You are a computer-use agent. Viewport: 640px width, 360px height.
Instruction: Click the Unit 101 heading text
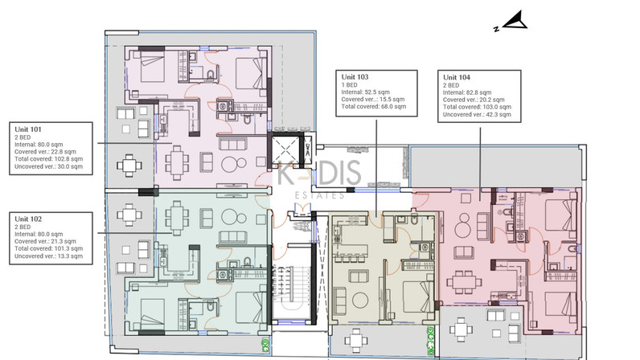pyautogui.click(x=28, y=129)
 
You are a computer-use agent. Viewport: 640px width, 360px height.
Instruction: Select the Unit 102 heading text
pyautogui.click(x=28, y=219)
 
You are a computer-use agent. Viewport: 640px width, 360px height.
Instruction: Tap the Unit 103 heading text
pyautogui.click(x=355, y=76)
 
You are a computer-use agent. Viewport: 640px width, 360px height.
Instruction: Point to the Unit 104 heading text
pyautogui.click(x=457, y=77)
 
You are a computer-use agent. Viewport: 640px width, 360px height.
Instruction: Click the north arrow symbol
pyautogui.click(x=515, y=20)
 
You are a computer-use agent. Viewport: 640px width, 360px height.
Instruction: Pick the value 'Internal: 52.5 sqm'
pyautogui.click(x=365, y=92)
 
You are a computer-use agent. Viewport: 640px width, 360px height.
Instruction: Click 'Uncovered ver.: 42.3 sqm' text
pyautogui.click(x=477, y=115)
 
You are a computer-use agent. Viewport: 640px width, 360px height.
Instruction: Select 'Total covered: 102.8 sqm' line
pyautogui.click(x=48, y=159)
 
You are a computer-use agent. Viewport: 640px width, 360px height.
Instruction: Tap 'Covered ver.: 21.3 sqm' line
pyautogui.click(x=45, y=241)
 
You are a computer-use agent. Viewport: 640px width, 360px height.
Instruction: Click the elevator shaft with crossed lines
pyautogui.click(x=285, y=149)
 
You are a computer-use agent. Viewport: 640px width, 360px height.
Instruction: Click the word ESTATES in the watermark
pyautogui.click(x=319, y=196)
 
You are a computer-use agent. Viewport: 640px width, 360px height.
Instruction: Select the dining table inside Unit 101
pyautogui.click(x=177, y=163)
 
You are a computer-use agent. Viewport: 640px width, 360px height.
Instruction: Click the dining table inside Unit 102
pyautogui.click(x=177, y=218)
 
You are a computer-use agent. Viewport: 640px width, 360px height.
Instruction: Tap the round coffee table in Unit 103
pyautogui.click(x=360, y=301)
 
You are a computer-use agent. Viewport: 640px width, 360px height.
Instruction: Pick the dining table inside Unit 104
pyautogui.click(x=465, y=282)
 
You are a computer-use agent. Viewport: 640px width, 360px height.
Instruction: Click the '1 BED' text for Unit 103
pyautogui.click(x=349, y=85)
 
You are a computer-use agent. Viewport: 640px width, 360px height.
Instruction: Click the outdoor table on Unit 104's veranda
pyautogui.click(x=461, y=329)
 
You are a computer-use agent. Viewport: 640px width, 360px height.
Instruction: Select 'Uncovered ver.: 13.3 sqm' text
pyautogui.click(x=48, y=256)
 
